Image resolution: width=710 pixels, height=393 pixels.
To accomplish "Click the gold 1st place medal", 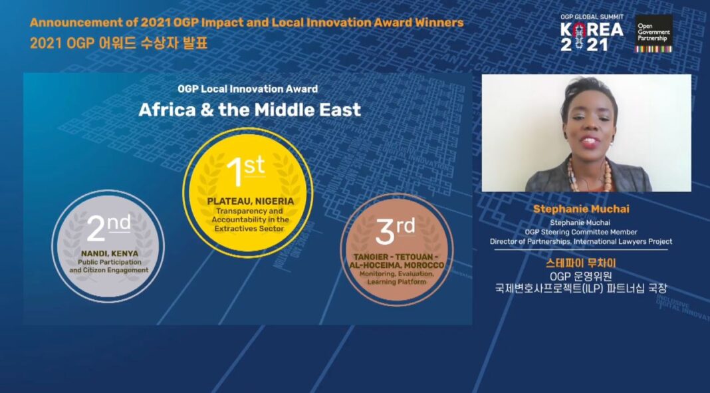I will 247,192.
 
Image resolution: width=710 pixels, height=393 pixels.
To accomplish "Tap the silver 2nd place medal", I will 108,243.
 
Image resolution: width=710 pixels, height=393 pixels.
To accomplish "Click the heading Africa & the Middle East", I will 249,110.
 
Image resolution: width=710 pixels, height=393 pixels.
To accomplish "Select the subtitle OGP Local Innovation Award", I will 247,88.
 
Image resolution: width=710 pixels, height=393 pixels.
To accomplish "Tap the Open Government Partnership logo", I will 653,34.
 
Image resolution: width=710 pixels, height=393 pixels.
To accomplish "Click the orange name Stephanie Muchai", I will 581,209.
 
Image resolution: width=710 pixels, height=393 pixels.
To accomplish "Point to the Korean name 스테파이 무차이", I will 580,263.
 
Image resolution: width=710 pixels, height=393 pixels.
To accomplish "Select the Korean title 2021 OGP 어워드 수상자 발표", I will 119,45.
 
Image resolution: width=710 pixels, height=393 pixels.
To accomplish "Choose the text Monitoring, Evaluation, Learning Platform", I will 396,278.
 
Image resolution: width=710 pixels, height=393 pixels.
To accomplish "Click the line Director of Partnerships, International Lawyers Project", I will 580,241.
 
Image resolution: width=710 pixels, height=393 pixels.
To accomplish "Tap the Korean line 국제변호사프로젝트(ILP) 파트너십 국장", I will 580,289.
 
